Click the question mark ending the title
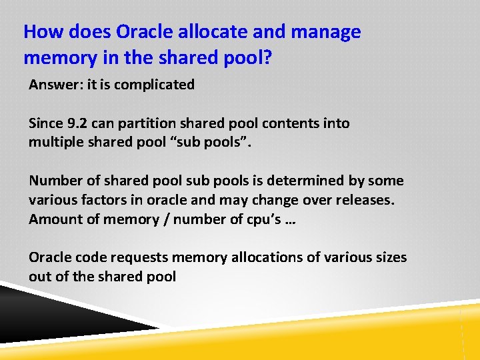tap(267, 57)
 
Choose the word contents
tap(291, 123)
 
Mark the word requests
tap(147, 257)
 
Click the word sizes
tap(389, 257)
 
